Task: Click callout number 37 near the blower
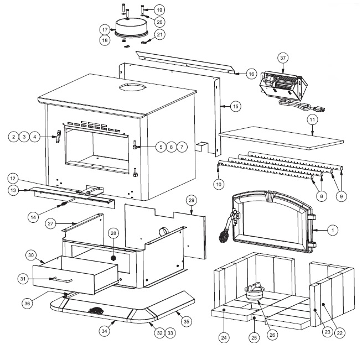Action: click(x=283, y=58)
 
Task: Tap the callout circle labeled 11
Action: click(x=312, y=119)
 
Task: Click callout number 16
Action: click(x=251, y=74)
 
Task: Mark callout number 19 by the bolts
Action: click(x=159, y=11)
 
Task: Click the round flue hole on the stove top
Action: click(x=132, y=88)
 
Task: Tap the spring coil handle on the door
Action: click(x=224, y=236)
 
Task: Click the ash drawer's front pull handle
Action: click(x=62, y=280)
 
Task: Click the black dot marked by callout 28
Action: click(x=113, y=257)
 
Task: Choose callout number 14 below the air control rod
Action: click(x=33, y=218)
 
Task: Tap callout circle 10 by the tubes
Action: click(x=219, y=183)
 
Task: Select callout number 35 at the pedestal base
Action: click(x=186, y=320)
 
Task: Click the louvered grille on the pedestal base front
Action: click(x=96, y=311)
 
